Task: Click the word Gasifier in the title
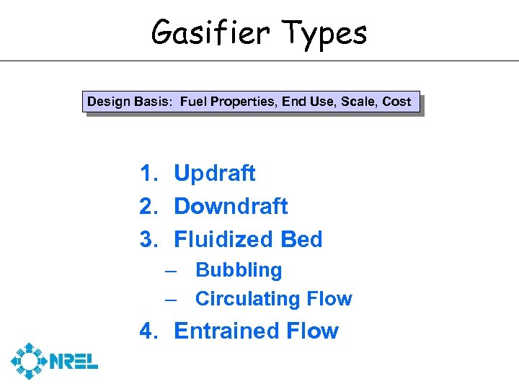point(210,32)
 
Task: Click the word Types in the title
point(324,33)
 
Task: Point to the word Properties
point(242,102)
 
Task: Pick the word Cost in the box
point(397,102)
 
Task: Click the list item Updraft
point(215,174)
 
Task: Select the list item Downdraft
point(231,207)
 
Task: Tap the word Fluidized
point(223,240)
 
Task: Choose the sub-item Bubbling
point(239,271)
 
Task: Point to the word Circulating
point(244,299)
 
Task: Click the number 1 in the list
point(146,174)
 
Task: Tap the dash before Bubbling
point(171,271)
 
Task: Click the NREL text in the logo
point(74,361)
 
